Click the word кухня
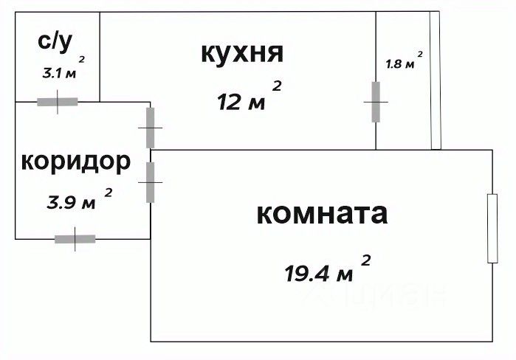click(241, 53)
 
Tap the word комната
click(322, 214)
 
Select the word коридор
click(76, 161)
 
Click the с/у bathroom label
click(56, 41)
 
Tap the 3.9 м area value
click(72, 202)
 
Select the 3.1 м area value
click(58, 74)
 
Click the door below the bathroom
click(58, 102)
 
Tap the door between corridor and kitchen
click(151, 128)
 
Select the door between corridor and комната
click(151, 182)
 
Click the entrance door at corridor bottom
click(75, 239)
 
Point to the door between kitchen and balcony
click(376, 102)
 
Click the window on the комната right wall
click(492, 228)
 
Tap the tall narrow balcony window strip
click(436, 81)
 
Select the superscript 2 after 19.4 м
click(365, 259)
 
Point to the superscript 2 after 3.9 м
click(109, 193)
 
